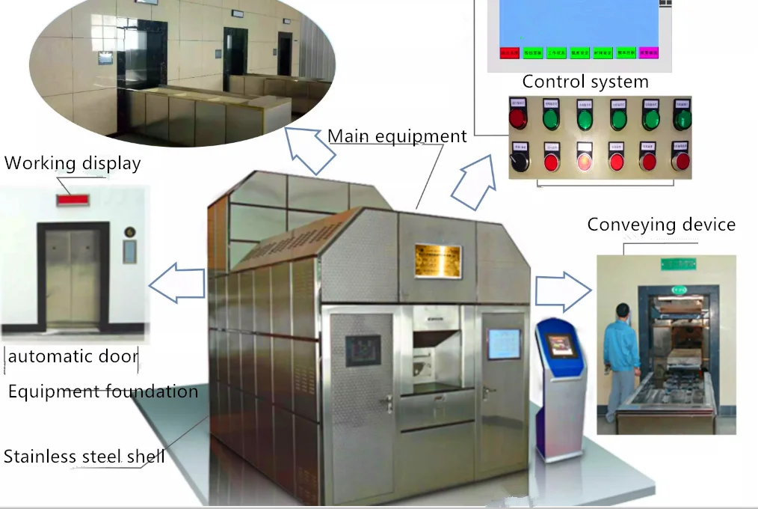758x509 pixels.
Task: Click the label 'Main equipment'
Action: pyautogui.click(x=397, y=135)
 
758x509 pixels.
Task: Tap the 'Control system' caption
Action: pyautogui.click(x=585, y=82)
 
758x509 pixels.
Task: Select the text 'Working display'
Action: pyautogui.click(x=73, y=162)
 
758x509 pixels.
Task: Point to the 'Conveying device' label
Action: pyautogui.click(x=661, y=225)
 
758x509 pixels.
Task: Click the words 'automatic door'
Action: pyautogui.click(x=73, y=356)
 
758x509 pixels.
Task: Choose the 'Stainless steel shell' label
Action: pyautogui.click(x=84, y=456)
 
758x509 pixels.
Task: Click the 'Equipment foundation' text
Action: pyautogui.click(x=103, y=391)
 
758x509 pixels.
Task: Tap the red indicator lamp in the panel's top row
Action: pyautogui.click(x=517, y=118)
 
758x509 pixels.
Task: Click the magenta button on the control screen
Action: pyautogui.click(x=648, y=52)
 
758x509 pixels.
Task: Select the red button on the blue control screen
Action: pyautogui.click(x=509, y=52)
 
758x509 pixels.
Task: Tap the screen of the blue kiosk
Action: pyautogui.click(x=560, y=345)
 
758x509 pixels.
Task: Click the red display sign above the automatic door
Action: pyautogui.click(x=74, y=200)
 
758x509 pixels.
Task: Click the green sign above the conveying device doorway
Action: pyautogui.click(x=677, y=264)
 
